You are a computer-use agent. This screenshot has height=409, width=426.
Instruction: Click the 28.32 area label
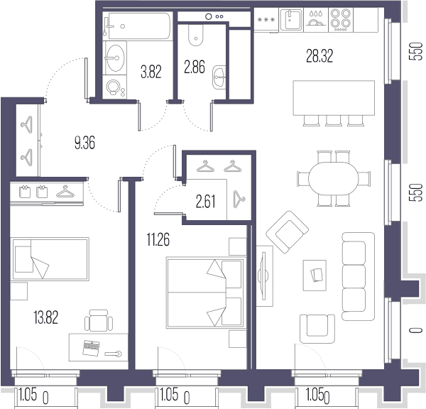pyautogui.click(x=319, y=56)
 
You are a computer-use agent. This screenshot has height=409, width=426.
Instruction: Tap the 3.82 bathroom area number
pyautogui.click(x=151, y=72)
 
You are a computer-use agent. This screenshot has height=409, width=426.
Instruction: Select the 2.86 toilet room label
pyautogui.click(x=195, y=67)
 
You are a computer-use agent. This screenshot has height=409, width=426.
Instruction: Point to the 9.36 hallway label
pyautogui.click(x=84, y=143)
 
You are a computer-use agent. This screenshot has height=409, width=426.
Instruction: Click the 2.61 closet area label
pyautogui.click(x=206, y=202)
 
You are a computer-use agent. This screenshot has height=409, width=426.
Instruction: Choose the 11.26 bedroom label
pyautogui.click(x=158, y=239)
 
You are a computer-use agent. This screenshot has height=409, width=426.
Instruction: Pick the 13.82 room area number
pyautogui.click(x=45, y=317)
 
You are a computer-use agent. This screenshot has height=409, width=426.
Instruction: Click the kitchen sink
pyautogui.click(x=291, y=20)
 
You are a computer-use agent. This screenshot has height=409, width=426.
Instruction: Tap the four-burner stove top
pyautogui.click(x=341, y=20)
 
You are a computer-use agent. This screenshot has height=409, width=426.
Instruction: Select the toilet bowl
pyautogui.click(x=195, y=36)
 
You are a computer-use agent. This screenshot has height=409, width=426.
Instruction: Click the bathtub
pyautogui.click(x=137, y=26)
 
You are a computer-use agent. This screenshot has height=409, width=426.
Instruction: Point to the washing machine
pyautogui.click(x=114, y=87)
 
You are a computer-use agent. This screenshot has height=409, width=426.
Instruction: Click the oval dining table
pyautogui.click(x=334, y=178)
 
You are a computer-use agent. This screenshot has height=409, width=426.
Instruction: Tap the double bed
pyautogui.click(x=205, y=293)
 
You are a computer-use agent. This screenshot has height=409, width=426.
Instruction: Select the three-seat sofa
pyautogui.click(x=358, y=276)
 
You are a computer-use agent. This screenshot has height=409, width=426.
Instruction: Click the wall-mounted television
pyautogui.click(x=263, y=276)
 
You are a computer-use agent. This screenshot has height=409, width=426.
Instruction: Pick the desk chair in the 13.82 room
pyautogui.click(x=99, y=320)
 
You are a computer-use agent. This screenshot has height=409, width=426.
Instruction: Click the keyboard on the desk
pyautogui.click(x=91, y=348)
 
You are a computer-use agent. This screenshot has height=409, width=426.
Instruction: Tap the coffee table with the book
pyautogui.click(x=315, y=276)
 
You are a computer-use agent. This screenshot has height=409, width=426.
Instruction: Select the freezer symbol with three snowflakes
pyautogui.click(x=266, y=20)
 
